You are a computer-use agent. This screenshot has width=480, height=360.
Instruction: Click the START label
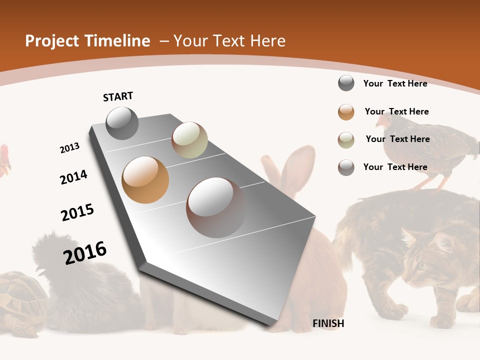click(x=118, y=96)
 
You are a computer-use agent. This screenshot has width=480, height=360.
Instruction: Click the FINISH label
click(x=328, y=323)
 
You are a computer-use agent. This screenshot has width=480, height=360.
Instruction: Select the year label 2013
click(x=69, y=148)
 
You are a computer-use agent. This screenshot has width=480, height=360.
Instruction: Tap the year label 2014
click(x=73, y=177)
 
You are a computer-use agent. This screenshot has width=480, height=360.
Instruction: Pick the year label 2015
click(x=77, y=212)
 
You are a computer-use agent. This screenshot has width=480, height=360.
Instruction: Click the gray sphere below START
click(x=122, y=123)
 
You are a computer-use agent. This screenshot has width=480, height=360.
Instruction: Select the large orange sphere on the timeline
click(x=145, y=180)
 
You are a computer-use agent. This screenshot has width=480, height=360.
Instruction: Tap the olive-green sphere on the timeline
click(x=189, y=140)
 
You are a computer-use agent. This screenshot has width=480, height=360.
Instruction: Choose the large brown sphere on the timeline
click(x=216, y=207)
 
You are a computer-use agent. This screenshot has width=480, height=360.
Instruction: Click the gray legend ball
click(x=346, y=83)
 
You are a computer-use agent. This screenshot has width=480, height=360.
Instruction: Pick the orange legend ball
click(x=346, y=112)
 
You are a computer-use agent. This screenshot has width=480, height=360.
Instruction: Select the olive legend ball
click(x=346, y=140)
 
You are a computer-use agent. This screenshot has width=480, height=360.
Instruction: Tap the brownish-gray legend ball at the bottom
click(x=346, y=167)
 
